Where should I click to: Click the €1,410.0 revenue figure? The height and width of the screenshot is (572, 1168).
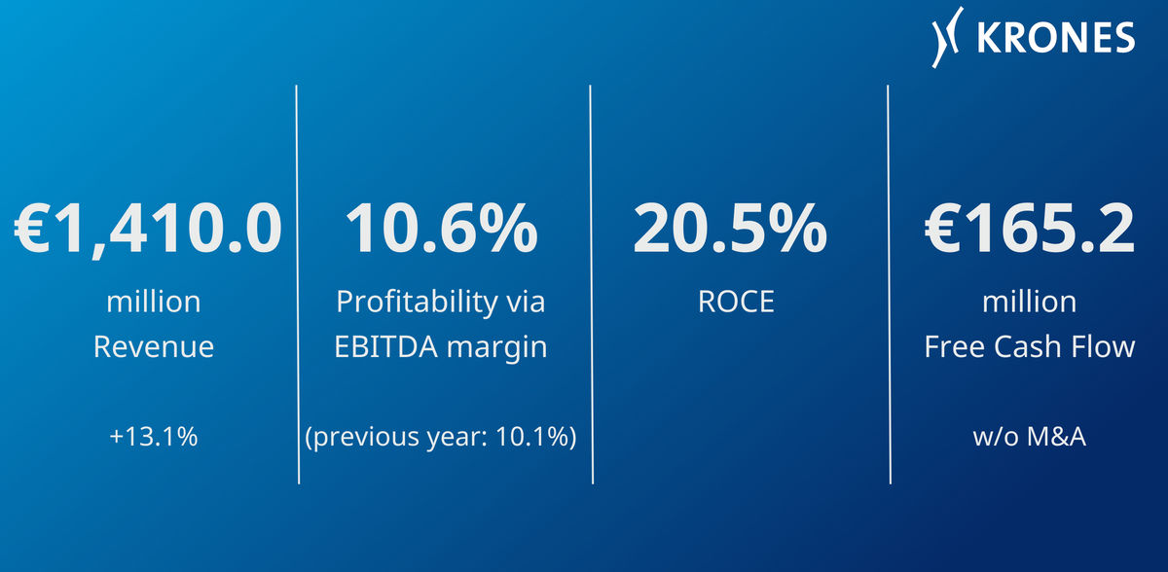[x=148, y=230]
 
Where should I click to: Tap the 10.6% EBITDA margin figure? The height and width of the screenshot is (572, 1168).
[x=441, y=229]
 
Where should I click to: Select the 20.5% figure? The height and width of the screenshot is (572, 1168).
[x=730, y=229]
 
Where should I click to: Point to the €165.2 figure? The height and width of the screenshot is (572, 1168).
[x=1030, y=229]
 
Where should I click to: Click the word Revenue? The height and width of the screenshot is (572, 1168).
[x=154, y=346]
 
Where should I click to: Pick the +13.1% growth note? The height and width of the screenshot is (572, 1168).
[x=154, y=437]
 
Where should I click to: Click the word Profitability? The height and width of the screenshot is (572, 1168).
[x=418, y=303]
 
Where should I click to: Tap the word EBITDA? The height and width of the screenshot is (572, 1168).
[x=385, y=347]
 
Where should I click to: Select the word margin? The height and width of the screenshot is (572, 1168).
[x=497, y=348]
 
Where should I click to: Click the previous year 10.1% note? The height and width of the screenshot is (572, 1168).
[x=441, y=437]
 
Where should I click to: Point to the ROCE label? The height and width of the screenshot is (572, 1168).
[x=736, y=302]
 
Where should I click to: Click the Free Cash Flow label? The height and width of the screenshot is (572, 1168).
[x=1030, y=347]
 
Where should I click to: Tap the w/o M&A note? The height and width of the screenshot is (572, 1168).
[x=1030, y=437]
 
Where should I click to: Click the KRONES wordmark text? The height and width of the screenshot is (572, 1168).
[x=1056, y=38]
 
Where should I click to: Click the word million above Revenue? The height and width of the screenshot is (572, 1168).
[x=154, y=303]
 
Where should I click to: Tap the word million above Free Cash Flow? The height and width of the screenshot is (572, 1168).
[x=1030, y=303]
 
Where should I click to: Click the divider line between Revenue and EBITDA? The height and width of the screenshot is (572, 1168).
[x=297, y=284]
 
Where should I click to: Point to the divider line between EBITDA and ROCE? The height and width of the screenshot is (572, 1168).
[x=592, y=284]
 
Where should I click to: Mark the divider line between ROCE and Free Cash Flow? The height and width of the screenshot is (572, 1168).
[x=889, y=284]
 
